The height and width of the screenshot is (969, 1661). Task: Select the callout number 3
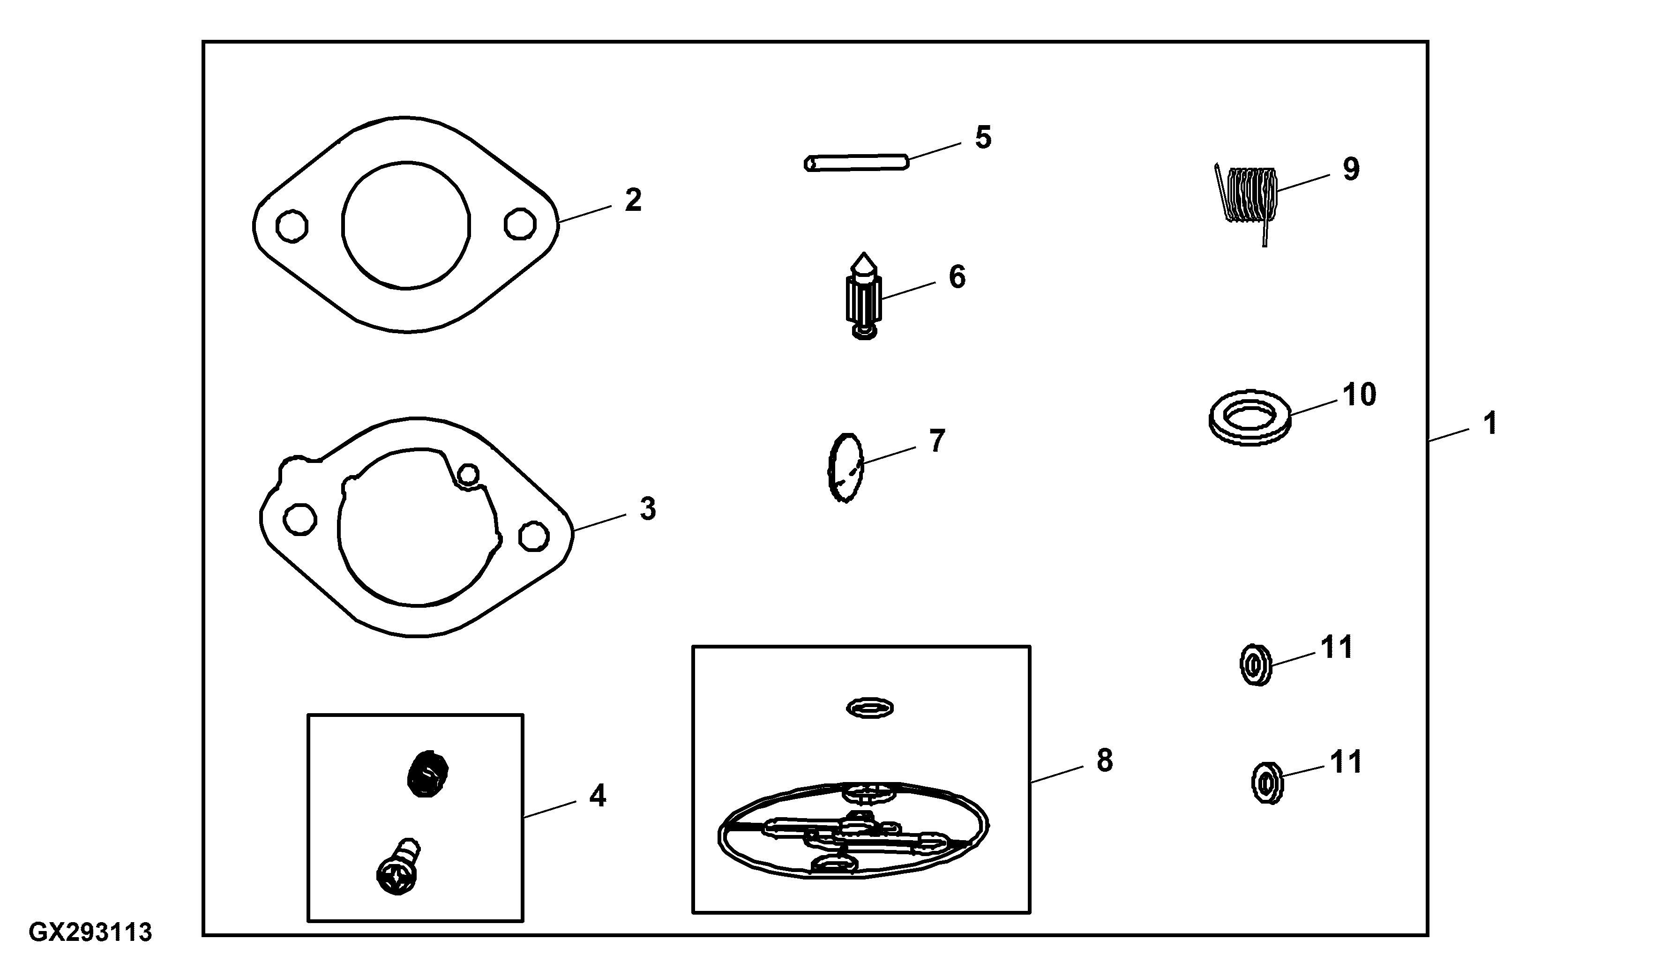(647, 509)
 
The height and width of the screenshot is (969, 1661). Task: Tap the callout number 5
(983, 137)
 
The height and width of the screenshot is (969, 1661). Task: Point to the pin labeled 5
(857, 162)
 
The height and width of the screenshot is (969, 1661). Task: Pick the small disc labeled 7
(845, 468)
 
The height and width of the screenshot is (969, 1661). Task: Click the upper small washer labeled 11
(1255, 666)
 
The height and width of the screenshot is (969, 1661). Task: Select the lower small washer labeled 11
(1267, 783)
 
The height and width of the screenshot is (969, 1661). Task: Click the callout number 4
(597, 796)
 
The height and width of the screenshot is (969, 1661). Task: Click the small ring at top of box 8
(870, 708)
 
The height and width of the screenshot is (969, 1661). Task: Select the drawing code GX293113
(90, 932)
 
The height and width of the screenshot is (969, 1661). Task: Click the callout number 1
(1489, 423)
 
